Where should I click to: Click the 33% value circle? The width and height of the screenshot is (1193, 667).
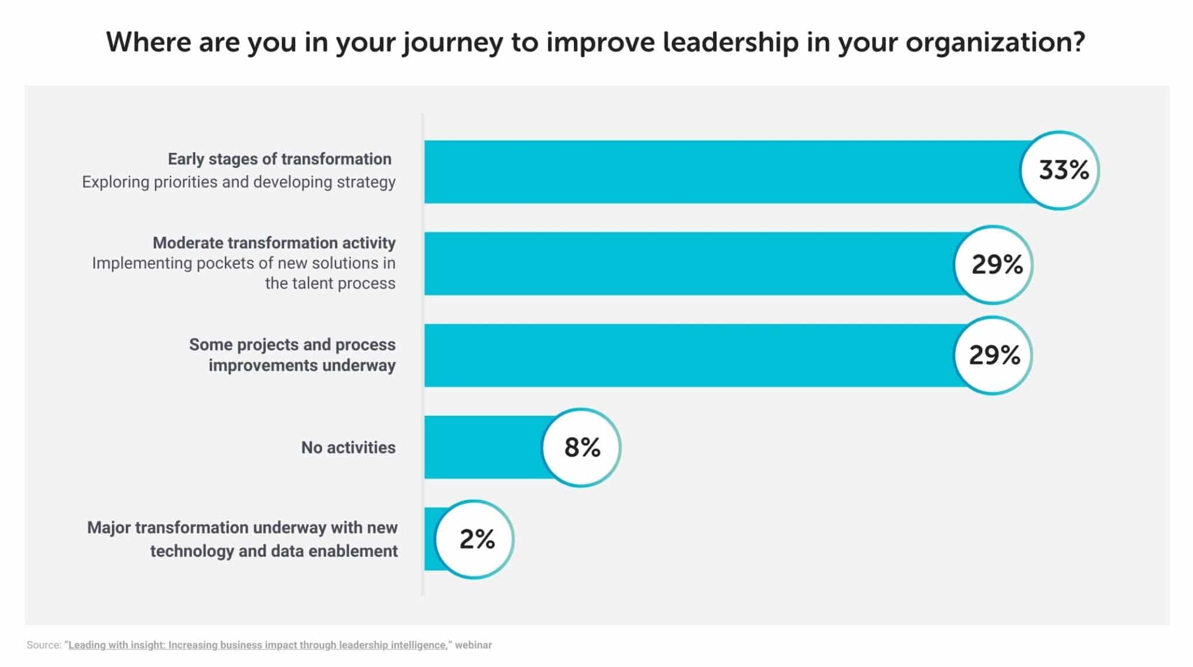[1060, 170]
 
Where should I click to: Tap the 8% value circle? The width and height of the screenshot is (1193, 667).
[581, 447]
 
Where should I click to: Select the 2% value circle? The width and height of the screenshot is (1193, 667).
[474, 539]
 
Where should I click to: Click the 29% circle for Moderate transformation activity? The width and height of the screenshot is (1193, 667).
[994, 265]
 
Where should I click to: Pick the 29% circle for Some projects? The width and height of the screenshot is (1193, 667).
[993, 355]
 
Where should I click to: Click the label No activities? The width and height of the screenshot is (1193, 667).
[348, 448]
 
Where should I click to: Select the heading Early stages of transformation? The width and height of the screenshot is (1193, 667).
[279, 159]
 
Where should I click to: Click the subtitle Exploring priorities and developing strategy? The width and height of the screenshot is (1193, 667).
[238, 182]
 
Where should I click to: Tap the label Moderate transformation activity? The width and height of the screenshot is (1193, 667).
[274, 243]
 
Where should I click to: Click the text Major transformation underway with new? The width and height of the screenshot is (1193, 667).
[242, 528]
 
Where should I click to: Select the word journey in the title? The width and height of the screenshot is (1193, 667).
[452, 43]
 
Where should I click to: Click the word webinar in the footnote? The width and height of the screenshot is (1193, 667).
[473, 645]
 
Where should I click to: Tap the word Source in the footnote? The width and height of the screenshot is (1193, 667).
[43, 645]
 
